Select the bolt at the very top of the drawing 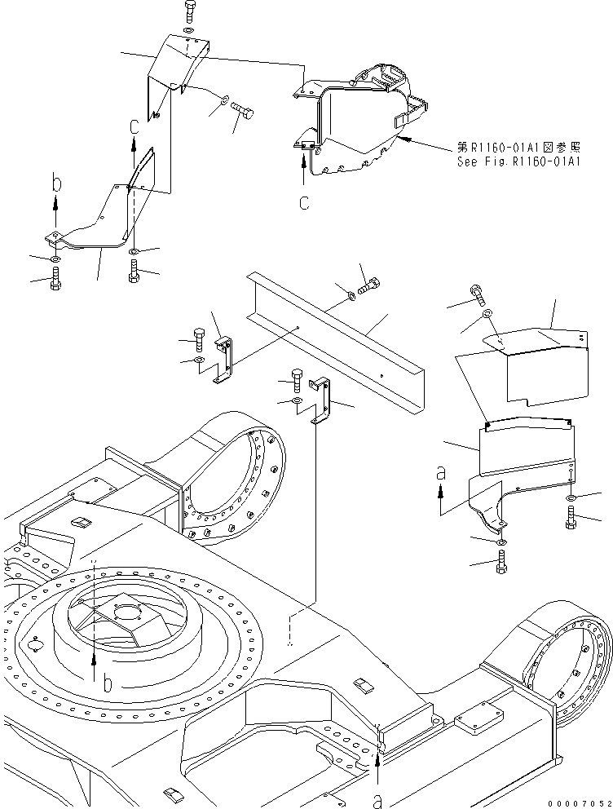click(x=188, y=12)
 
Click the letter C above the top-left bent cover click(x=135, y=126)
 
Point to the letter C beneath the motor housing click(x=303, y=202)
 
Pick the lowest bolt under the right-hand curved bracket click(x=501, y=562)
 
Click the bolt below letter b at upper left click(x=54, y=281)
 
